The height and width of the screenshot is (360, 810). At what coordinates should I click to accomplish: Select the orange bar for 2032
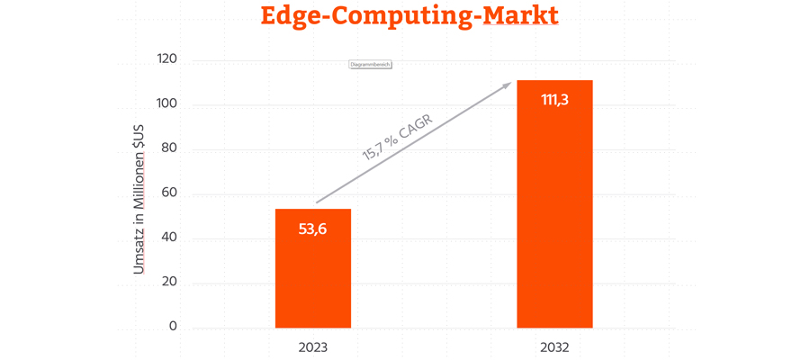(554, 216)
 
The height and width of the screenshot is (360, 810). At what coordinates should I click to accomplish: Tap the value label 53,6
(312, 229)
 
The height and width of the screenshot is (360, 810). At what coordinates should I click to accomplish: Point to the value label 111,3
(554, 100)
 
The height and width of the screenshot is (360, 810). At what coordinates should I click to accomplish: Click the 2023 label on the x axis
(312, 346)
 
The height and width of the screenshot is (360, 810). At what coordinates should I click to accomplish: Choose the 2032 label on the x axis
(554, 346)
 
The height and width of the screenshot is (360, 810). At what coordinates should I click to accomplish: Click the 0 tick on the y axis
(173, 327)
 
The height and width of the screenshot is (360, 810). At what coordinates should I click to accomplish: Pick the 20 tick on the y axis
(169, 282)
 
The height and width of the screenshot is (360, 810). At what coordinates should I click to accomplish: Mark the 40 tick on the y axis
(169, 238)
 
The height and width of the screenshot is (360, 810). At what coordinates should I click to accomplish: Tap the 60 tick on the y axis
(169, 193)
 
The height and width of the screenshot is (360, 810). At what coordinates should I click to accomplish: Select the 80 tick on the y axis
(169, 148)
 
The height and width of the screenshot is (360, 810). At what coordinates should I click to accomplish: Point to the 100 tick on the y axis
(166, 104)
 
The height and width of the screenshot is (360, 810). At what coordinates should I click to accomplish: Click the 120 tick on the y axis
(166, 60)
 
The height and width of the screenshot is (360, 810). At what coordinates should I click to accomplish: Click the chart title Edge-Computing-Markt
(409, 16)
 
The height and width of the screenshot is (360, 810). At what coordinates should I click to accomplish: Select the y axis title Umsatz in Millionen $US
(139, 193)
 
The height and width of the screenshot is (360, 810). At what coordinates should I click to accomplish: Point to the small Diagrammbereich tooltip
(370, 65)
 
